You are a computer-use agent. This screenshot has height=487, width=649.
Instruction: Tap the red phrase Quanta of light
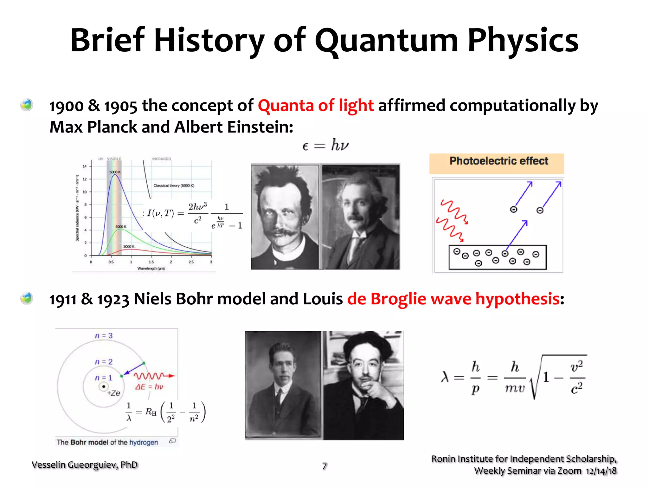pos(316,106)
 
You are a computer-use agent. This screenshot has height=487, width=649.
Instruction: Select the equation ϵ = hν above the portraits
pos(325,146)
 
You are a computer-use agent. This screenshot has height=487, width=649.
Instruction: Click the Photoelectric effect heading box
pos(497,163)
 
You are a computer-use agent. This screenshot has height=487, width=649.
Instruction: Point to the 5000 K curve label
pos(115,172)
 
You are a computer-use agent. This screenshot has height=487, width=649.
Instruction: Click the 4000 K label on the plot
pos(121,227)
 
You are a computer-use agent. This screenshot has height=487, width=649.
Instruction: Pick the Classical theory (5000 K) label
pos(174,186)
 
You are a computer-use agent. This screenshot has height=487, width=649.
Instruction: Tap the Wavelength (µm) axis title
pos(151,269)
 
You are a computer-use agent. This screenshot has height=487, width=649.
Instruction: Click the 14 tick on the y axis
pos(85,166)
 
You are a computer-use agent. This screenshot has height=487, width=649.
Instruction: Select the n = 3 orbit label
pos(104,336)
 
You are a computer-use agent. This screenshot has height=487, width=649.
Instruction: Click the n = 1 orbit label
pos(104,378)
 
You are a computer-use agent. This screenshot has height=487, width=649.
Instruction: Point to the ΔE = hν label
pos(149,387)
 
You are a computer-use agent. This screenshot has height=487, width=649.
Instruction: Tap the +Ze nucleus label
pos(114,393)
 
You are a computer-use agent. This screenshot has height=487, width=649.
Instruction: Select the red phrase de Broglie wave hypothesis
pos(453,299)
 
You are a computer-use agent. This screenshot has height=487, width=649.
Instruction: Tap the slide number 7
pos(324,466)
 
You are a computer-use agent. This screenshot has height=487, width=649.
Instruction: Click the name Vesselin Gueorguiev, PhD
pos(85,465)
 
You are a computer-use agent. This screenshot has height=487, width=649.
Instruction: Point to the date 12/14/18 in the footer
pos(601,471)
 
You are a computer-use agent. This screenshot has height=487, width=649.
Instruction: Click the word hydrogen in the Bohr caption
pos(144,442)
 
